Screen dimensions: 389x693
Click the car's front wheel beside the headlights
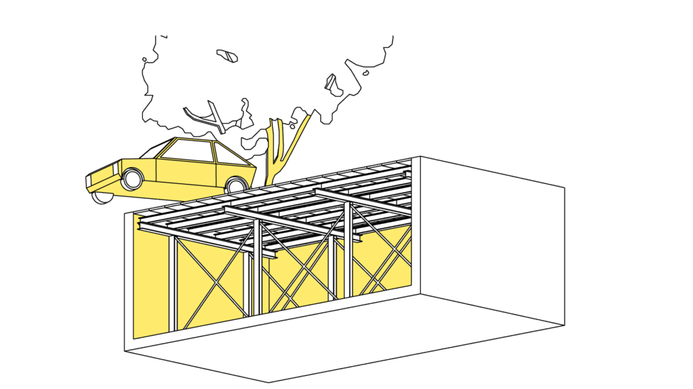click(133, 179)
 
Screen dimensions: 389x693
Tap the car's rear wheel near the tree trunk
click(236, 185)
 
